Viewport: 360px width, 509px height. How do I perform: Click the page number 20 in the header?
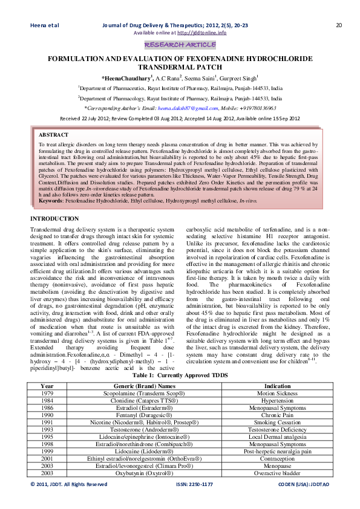point(339,25)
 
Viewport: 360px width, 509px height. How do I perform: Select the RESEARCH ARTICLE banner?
point(180,45)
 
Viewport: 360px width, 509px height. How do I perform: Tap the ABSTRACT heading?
point(53,134)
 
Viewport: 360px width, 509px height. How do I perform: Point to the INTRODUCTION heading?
point(59,218)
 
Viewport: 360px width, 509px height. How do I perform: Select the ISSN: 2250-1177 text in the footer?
point(194,484)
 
